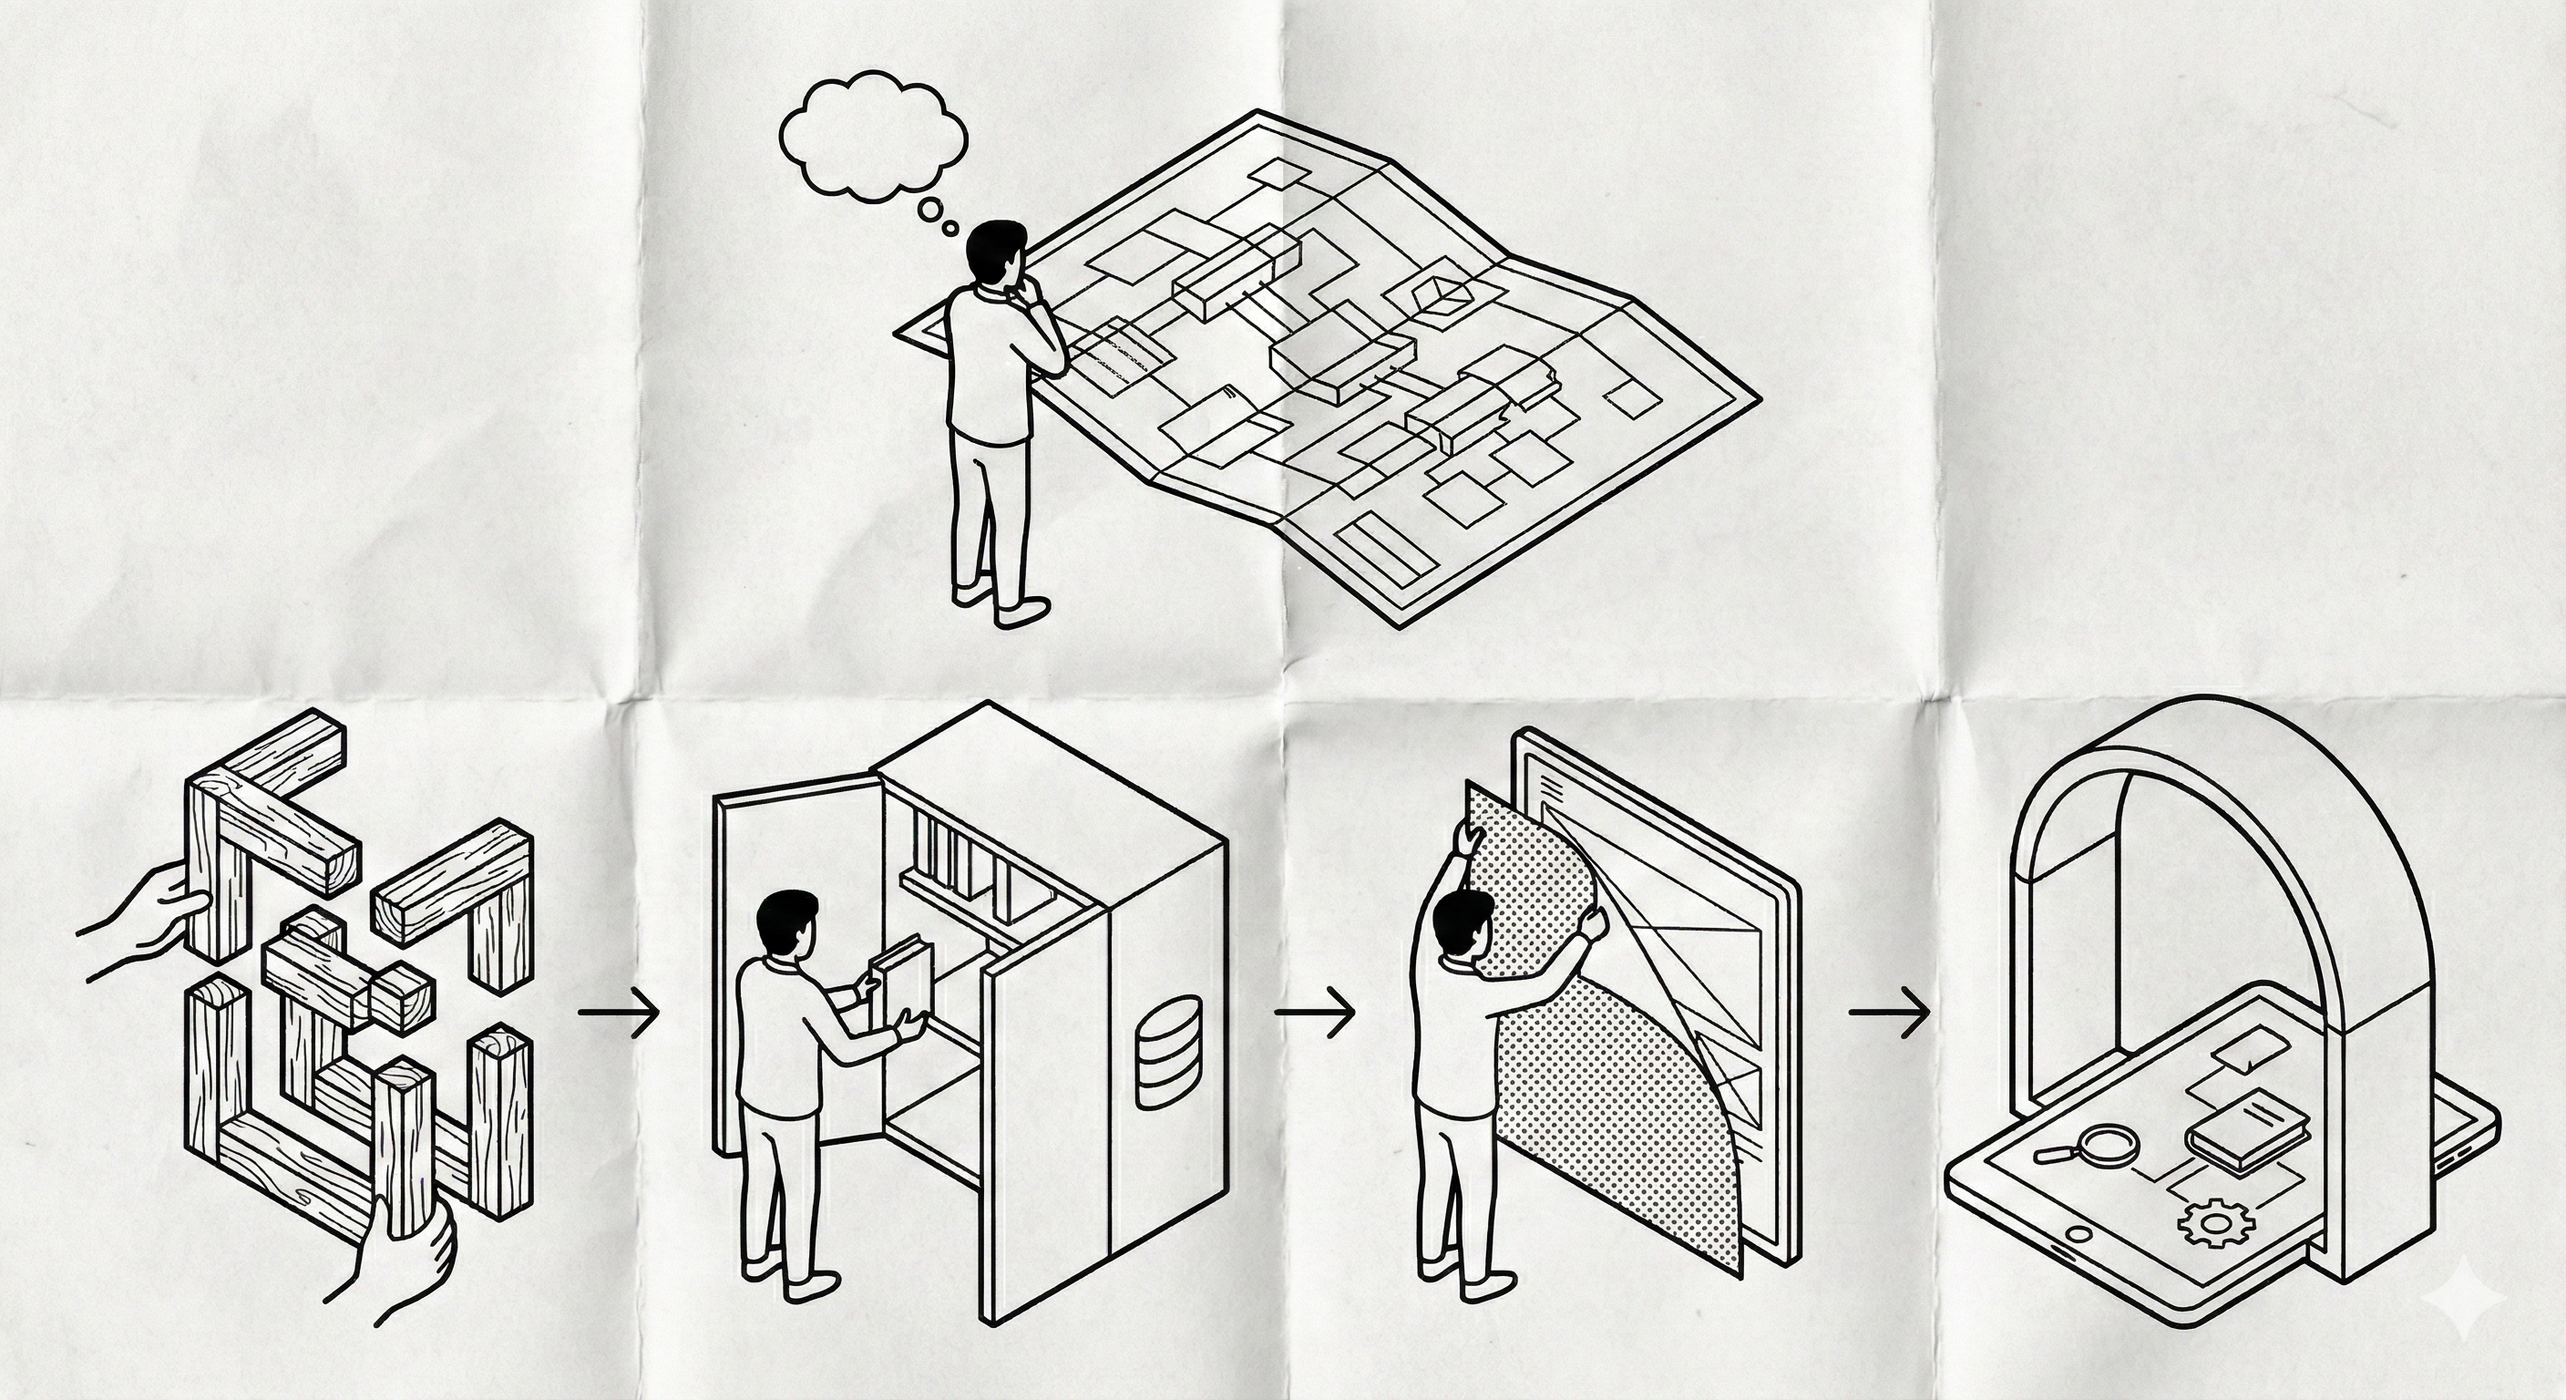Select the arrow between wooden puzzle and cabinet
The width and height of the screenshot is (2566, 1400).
[619, 1013]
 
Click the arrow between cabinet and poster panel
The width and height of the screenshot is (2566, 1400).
[1315, 1013]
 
